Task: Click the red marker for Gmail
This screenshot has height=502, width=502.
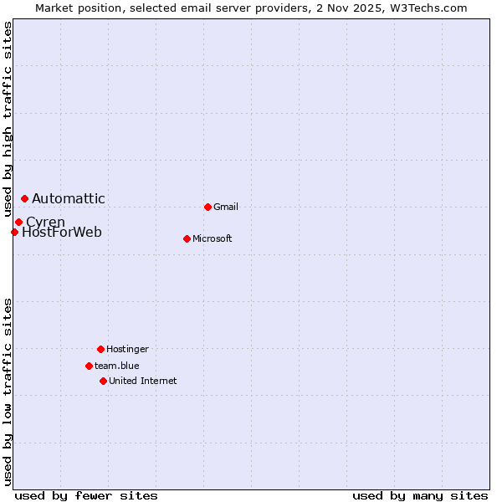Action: (x=207, y=207)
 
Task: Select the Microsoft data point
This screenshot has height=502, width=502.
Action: (x=187, y=238)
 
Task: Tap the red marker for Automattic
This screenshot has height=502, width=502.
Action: (x=24, y=198)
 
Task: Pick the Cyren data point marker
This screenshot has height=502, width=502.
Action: (x=18, y=222)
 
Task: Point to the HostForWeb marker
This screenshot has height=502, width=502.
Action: (x=14, y=232)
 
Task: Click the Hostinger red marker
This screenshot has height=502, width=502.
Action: (x=100, y=349)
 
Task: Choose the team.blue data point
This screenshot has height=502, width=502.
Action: (x=89, y=366)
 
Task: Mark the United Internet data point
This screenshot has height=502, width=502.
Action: (x=103, y=381)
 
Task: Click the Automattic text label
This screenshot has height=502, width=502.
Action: (x=69, y=199)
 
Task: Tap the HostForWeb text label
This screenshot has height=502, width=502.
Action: (x=62, y=233)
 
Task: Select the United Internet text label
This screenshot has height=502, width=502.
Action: (x=143, y=382)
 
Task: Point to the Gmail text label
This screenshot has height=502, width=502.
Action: (x=226, y=207)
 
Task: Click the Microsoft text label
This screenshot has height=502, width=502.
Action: (x=213, y=239)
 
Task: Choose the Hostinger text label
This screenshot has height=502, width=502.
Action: (x=127, y=350)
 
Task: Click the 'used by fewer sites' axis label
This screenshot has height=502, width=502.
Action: (x=86, y=495)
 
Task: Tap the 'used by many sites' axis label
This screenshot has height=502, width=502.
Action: (x=420, y=495)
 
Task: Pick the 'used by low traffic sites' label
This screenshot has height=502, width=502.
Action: (x=8, y=392)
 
